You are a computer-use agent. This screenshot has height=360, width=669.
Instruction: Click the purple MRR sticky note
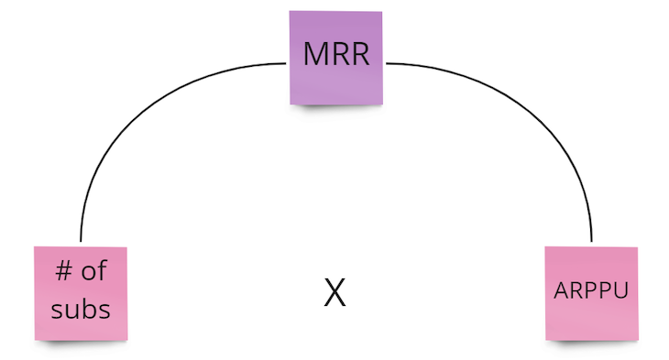pyautogui.click(x=336, y=57)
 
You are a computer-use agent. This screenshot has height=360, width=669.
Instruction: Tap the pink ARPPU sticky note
pyautogui.click(x=591, y=292)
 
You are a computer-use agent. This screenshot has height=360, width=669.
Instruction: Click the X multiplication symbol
pyautogui.click(x=335, y=292)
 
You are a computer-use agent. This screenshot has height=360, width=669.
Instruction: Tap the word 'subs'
pyautogui.click(x=81, y=309)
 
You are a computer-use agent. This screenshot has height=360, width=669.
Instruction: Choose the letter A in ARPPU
pyautogui.click(x=561, y=290)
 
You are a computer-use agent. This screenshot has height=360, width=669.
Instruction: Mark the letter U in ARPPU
pyautogui.click(x=620, y=290)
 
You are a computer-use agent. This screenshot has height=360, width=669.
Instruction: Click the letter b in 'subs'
pyautogui.click(x=89, y=308)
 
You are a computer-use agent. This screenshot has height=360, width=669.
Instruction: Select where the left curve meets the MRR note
pyautogui.click(x=289, y=63)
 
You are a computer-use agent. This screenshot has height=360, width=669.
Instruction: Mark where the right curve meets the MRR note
pyautogui.click(x=385, y=63)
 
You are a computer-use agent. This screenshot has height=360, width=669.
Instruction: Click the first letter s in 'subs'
pyautogui.click(x=57, y=310)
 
